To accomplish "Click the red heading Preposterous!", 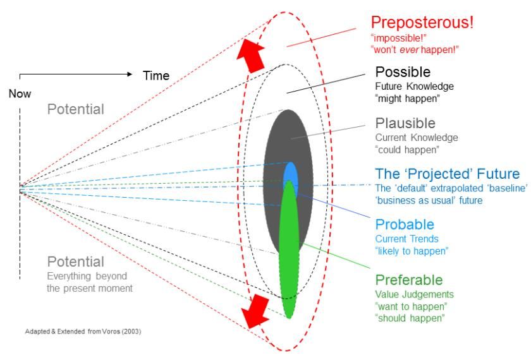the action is click(422, 22).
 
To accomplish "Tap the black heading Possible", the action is click(403, 72).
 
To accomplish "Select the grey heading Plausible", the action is click(405, 123).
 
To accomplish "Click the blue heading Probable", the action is click(405, 225).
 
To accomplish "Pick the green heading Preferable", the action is click(409, 280).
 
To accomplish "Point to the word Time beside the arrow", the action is click(156, 75).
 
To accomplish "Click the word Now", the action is click(20, 93).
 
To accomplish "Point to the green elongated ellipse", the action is click(290, 249).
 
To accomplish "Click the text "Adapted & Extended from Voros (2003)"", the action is click(83, 331).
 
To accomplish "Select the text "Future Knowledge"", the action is click(415, 87).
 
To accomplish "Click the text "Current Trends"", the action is click(406, 239).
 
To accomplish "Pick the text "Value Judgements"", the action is click(415, 294).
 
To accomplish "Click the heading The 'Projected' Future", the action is click(448, 174).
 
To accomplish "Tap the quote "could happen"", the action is click(407, 150).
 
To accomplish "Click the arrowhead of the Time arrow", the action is click(130, 74).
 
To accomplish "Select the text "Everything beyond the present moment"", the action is click(90, 282).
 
